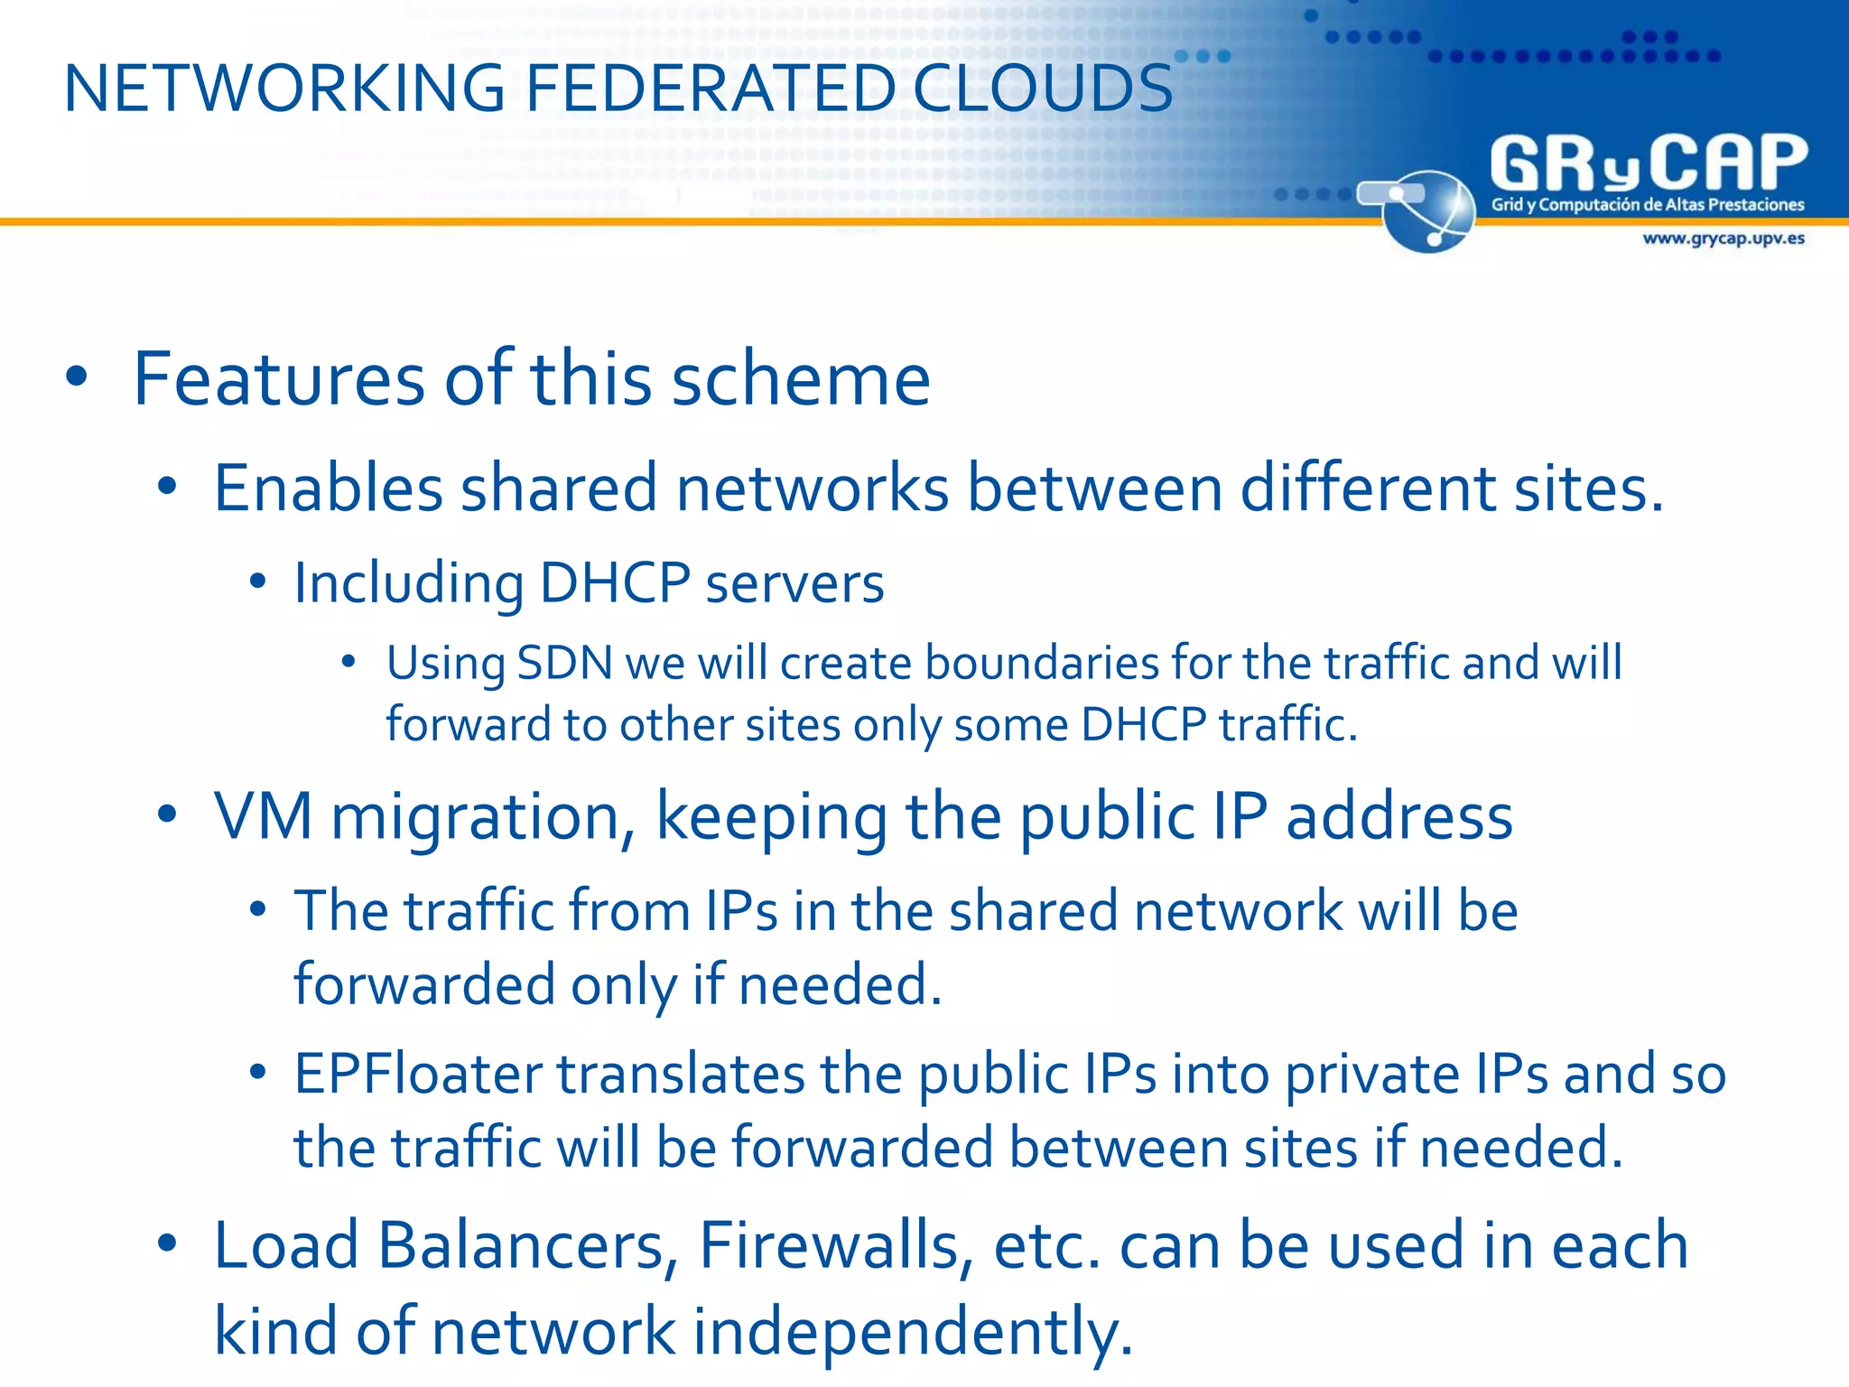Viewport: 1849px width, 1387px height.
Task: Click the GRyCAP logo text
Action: tap(1649, 163)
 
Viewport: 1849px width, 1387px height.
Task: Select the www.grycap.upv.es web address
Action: tap(1723, 238)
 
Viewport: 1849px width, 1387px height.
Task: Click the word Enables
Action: tap(328, 489)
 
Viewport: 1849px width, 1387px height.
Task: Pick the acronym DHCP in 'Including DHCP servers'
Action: tap(615, 582)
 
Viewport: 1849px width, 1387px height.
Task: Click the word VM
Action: tap(263, 816)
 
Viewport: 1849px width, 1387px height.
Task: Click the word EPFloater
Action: tap(418, 1075)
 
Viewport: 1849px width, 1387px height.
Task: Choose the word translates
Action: tap(681, 1075)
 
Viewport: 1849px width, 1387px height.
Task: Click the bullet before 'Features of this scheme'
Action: tap(77, 378)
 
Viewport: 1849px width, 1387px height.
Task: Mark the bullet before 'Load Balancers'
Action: tap(167, 1244)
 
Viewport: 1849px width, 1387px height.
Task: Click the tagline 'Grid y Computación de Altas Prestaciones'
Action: tap(1647, 205)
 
